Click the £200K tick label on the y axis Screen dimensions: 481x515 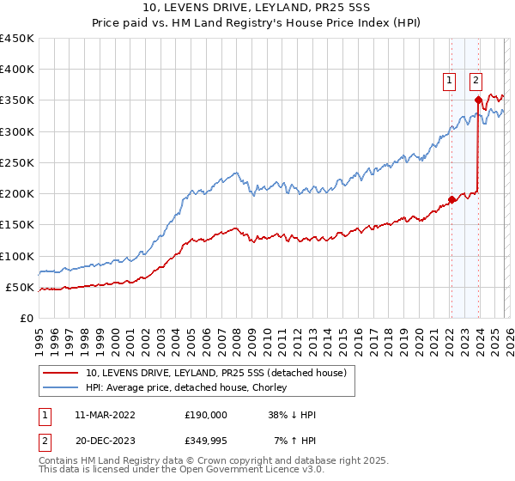point(16,194)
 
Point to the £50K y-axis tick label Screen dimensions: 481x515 point(19,288)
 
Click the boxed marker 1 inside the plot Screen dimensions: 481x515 point(448,81)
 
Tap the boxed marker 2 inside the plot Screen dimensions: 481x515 point(476,81)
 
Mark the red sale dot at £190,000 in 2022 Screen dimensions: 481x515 point(451,200)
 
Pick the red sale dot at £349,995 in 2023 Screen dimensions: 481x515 point(478,100)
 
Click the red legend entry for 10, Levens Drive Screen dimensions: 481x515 point(215,374)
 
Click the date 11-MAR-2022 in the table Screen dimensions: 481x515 point(99,415)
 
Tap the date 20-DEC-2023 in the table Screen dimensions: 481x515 point(99,441)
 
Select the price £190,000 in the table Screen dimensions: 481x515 point(205,415)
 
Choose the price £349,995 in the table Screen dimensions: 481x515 point(205,441)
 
